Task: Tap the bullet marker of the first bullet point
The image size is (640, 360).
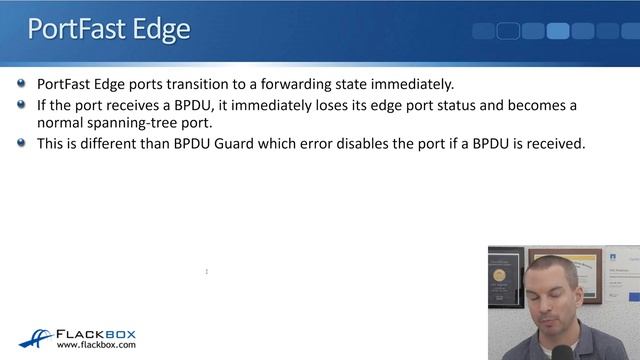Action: tap(22, 84)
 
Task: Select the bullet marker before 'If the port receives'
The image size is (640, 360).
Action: tap(22, 104)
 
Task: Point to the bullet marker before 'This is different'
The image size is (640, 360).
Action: tap(22, 143)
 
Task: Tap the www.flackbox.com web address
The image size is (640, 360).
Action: tap(96, 346)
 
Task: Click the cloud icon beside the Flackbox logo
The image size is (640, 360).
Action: tap(36, 338)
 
